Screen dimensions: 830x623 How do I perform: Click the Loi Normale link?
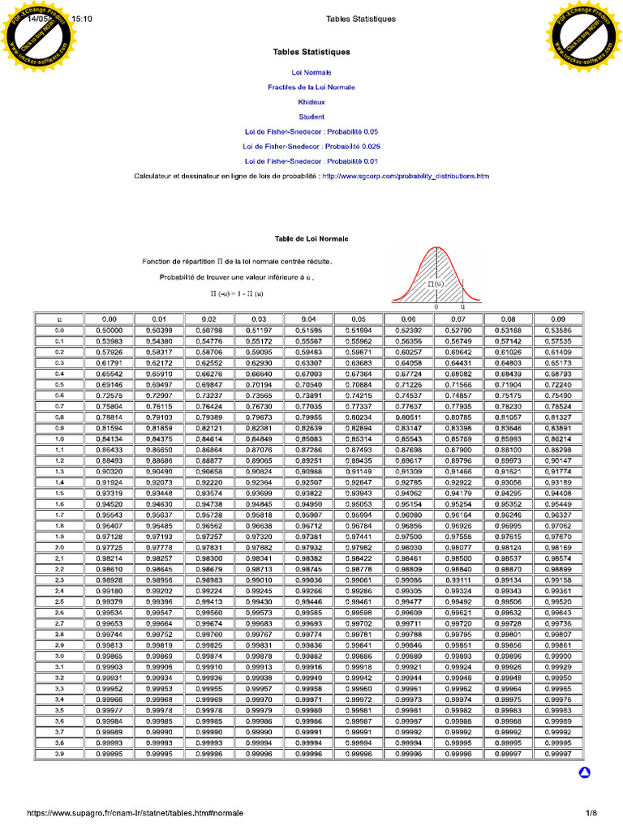[311, 73]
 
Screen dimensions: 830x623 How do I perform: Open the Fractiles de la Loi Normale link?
[311, 88]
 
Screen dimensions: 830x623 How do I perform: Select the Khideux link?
[311, 102]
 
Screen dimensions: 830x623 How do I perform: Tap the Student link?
[311, 117]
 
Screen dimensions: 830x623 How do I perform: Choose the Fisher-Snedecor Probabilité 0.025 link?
[311, 147]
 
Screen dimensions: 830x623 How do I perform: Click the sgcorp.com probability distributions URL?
[406, 176]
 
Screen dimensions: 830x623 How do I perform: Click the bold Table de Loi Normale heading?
[311, 239]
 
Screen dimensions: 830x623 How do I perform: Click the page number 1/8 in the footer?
[591, 813]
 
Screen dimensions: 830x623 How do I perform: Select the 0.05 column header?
[359, 319]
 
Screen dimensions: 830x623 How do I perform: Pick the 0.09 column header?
[559, 319]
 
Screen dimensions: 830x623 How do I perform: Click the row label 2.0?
[59, 548]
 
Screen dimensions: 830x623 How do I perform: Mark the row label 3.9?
[59, 754]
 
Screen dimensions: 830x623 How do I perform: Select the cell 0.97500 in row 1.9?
[408, 537]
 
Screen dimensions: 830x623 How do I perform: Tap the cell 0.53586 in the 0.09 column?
[559, 331]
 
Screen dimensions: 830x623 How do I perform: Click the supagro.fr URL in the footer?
[134, 813]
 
